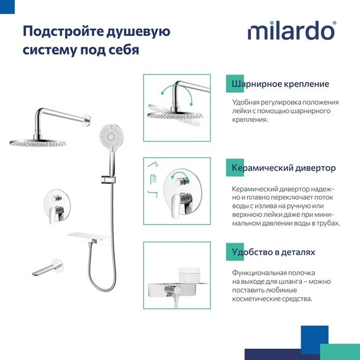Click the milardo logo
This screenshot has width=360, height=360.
pyautogui.click(x=292, y=31)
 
